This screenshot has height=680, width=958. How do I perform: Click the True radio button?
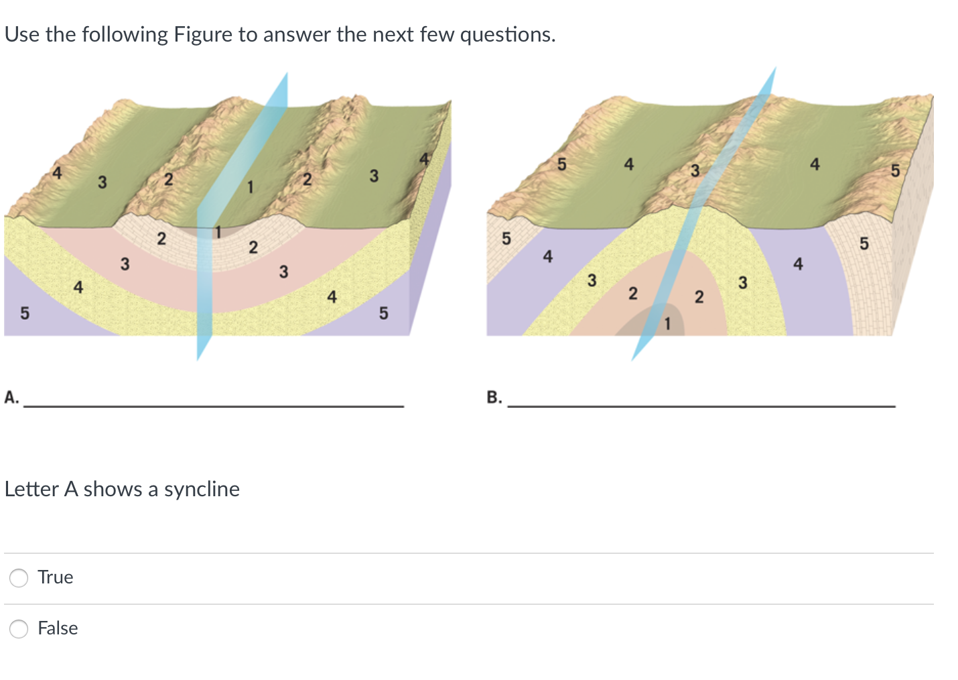[x=19, y=578]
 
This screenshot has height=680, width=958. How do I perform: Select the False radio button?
[x=19, y=629]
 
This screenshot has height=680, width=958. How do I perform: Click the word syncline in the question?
[x=202, y=490]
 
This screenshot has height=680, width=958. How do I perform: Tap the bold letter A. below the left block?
[x=11, y=397]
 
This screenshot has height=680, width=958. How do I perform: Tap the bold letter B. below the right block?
[x=494, y=397]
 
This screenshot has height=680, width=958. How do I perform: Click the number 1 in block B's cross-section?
[x=667, y=324]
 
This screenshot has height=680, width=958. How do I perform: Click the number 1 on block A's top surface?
[x=250, y=187]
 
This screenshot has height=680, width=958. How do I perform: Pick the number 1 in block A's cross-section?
[x=218, y=232]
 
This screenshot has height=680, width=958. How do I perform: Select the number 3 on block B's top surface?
[x=695, y=171]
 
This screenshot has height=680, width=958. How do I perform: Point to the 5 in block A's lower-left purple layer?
[x=25, y=313]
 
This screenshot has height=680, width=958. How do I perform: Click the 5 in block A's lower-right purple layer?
[x=384, y=313]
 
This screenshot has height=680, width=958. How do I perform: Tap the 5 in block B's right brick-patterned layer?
[x=864, y=243]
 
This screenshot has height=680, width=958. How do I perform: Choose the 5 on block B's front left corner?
[x=506, y=239]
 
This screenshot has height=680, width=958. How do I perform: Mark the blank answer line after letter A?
[x=214, y=406]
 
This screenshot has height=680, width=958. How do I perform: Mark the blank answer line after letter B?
[x=701, y=406]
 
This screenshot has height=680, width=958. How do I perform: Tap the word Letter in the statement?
[x=31, y=490]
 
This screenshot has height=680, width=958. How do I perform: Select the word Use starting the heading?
[x=22, y=35]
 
